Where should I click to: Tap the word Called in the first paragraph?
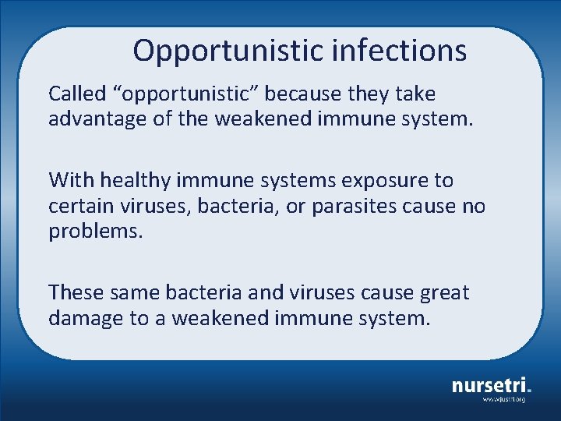click(x=76, y=94)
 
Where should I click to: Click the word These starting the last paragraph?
click(x=76, y=293)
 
